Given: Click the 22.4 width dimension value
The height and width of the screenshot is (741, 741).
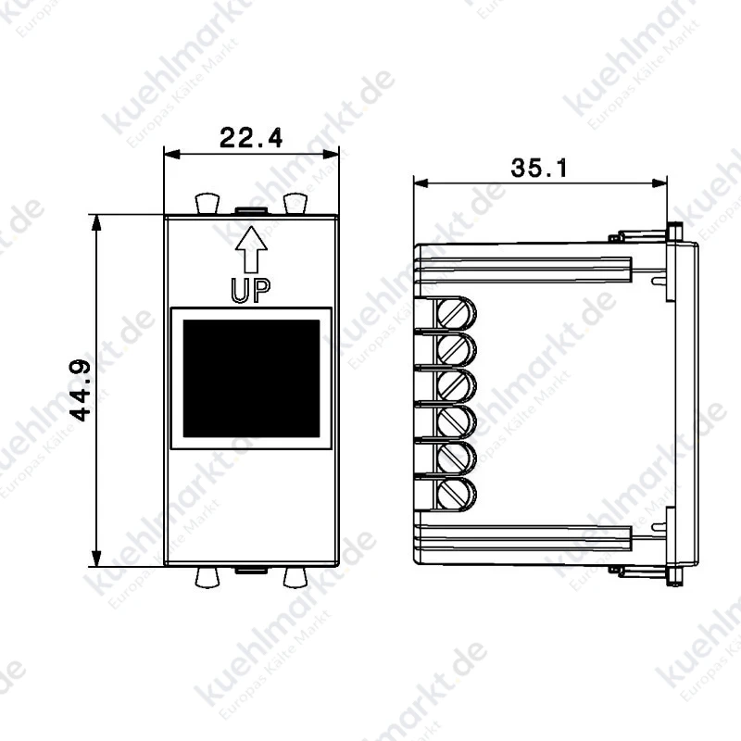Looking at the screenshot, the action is [251, 137].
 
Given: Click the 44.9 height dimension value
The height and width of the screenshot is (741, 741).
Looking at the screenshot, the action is [80, 390].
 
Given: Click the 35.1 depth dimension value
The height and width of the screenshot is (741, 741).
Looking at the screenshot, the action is [539, 168].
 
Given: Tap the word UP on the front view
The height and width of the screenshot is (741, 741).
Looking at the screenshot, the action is [250, 290].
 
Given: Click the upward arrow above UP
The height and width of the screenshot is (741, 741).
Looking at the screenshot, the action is [251, 249].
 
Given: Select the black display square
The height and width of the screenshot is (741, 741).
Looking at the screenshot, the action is [251, 379].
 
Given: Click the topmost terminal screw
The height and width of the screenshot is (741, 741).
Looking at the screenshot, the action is [454, 313].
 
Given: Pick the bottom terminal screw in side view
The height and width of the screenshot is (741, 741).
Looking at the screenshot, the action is [454, 495].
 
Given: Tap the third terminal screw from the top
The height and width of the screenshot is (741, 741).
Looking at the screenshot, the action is [454, 385].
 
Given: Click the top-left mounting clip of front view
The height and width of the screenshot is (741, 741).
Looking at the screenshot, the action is [207, 203].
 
